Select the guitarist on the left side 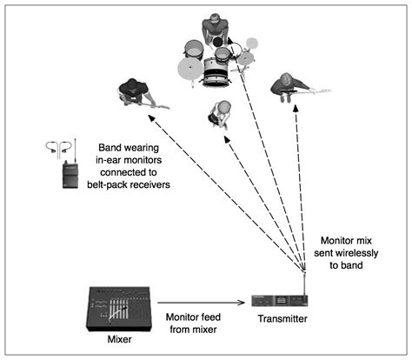click(x=132, y=90)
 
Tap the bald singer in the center click(x=222, y=112)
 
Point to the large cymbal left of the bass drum click(x=190, y=69)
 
